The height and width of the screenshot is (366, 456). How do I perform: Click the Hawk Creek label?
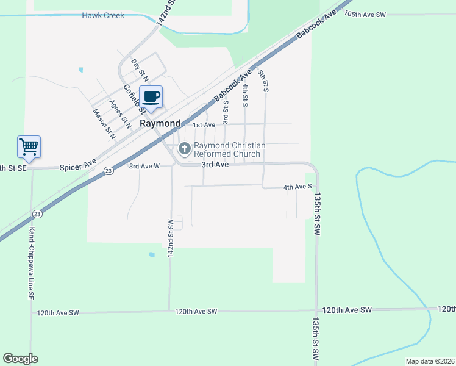(x=103, y=15)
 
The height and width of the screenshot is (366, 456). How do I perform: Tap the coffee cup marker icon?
(x=151, y=98)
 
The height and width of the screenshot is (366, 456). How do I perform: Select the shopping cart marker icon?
(x=29, y=146)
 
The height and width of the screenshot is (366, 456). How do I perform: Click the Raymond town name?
(x=160, y=123)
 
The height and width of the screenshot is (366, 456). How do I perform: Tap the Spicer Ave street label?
(x=78, y=165)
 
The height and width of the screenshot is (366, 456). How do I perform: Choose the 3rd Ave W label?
(x=144, y=165)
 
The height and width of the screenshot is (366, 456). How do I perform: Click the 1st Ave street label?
(x=204, y=125)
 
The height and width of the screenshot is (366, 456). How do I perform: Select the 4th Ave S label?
(x=297, y=187)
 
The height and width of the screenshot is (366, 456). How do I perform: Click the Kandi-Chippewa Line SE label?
(x=31, y=263)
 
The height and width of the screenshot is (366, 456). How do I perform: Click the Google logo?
(x=20, y=359)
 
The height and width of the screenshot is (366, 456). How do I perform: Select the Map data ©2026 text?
(x=430, y=361)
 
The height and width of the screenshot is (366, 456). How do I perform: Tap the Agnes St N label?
(x=120, y=113)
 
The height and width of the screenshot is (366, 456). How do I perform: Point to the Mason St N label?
(x=104, y=121)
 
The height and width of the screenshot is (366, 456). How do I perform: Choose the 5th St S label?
(x=263, y=81)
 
